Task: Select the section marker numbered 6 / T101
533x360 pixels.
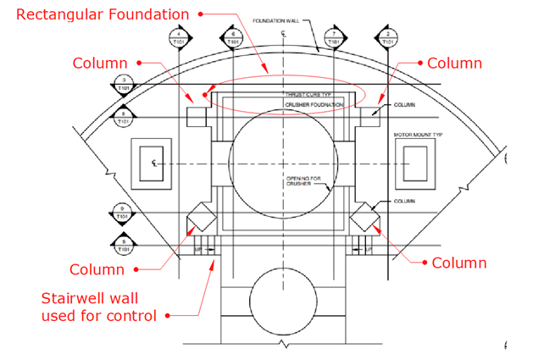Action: tap(233, 36)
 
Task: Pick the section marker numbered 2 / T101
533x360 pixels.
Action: tap(387, 36)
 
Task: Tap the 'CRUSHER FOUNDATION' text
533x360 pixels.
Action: tap(314, 104)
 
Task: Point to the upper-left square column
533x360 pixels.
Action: tap(197, 115)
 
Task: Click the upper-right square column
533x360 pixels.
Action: tap(369, 115)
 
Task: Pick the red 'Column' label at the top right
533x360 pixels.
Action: tap(454, 64)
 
